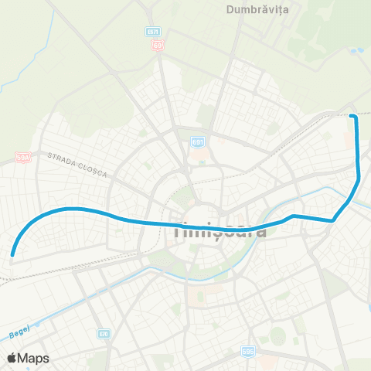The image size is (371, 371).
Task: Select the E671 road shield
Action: point(153,31)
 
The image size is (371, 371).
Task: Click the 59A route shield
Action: point(23,158)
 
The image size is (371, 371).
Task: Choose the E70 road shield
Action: point(104,334)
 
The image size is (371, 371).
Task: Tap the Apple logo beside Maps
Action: point(12,358)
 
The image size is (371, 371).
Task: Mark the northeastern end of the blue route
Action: point(352,116)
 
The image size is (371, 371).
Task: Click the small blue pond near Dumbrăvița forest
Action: point(356,51)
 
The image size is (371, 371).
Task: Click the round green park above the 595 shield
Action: point(277,336)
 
